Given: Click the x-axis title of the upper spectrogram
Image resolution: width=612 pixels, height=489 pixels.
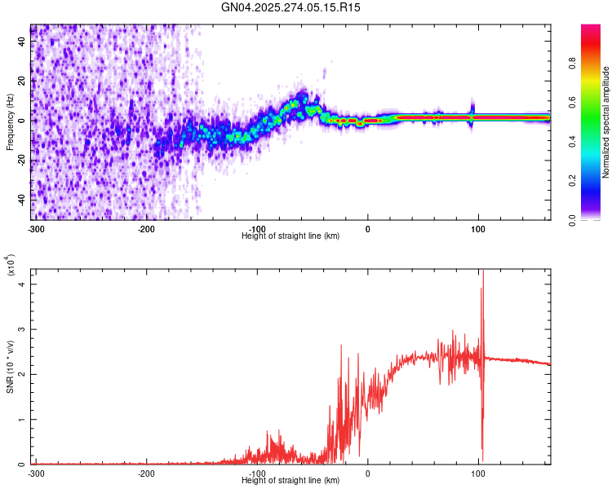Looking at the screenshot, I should [290, 236].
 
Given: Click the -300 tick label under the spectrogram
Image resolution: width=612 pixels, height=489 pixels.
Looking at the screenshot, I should [35, 229].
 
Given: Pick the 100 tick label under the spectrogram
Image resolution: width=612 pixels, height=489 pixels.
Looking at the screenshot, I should [477, 229].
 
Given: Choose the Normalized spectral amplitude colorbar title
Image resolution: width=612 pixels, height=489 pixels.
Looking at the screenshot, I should [606, 122].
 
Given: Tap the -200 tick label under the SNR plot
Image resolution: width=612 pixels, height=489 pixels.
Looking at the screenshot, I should [146, 473].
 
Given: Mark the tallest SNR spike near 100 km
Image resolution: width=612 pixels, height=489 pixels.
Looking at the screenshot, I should [483, 272].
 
